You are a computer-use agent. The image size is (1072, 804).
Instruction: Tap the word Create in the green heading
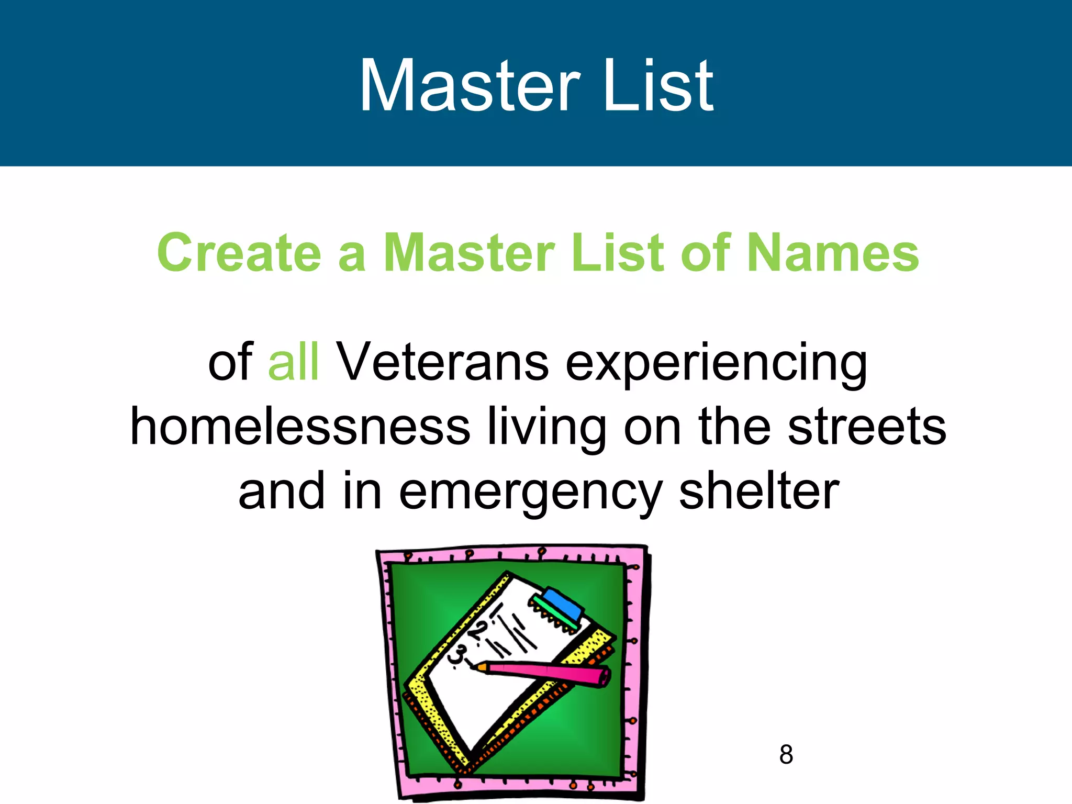(x=239, y=253)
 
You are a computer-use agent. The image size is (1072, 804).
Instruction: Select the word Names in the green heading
(x=832, y=253)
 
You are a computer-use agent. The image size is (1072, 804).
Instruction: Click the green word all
(x=293, y=362)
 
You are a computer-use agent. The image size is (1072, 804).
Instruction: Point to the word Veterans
(x=442, y=362)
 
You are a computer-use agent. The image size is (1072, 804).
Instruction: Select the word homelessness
(x=300, y=427)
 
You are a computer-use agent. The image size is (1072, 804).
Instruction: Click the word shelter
(x=759, y=490)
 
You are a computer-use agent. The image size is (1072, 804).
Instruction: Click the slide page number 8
(x=786, y=755)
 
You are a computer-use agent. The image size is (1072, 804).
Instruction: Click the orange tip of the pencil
(x=481, y=667)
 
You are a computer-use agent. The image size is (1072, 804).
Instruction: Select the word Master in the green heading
(x=469, y=253)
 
